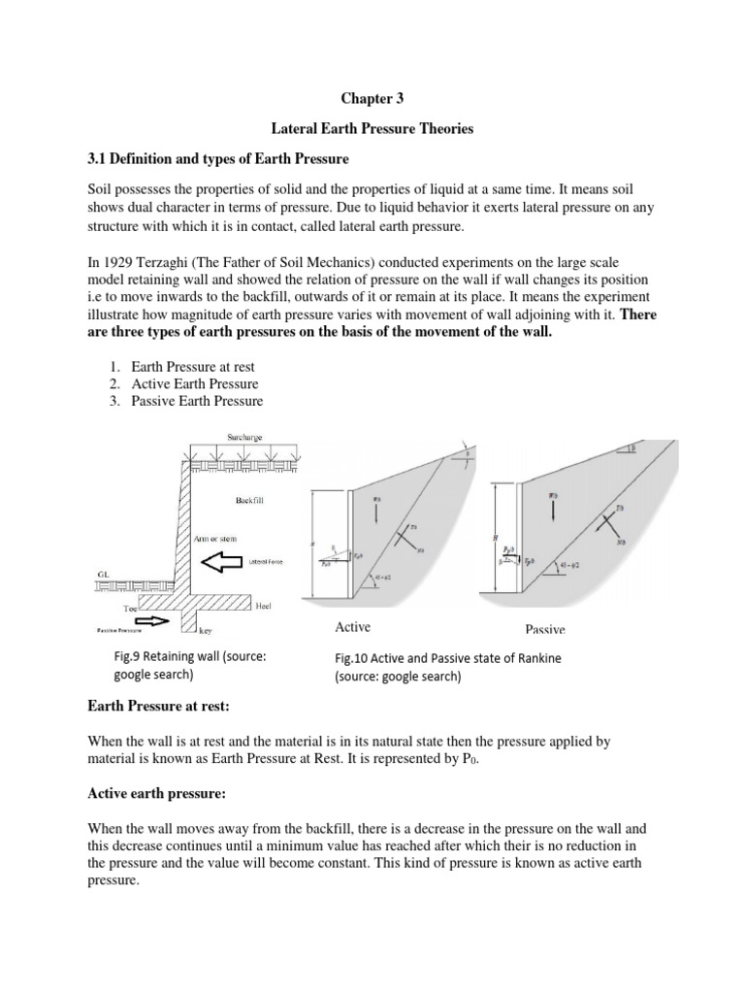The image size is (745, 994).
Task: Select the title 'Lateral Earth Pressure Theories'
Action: click(x=372, y=129)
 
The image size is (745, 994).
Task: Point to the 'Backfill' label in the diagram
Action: click(x=248, y=502)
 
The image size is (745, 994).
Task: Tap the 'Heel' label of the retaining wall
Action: click(x=263, y=606)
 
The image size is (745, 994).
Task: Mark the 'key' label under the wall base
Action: click(x=206, y=630)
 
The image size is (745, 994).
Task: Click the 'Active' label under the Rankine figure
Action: click(x=353, y=627)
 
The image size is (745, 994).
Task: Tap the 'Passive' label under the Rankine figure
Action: click(x=545, y=629)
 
